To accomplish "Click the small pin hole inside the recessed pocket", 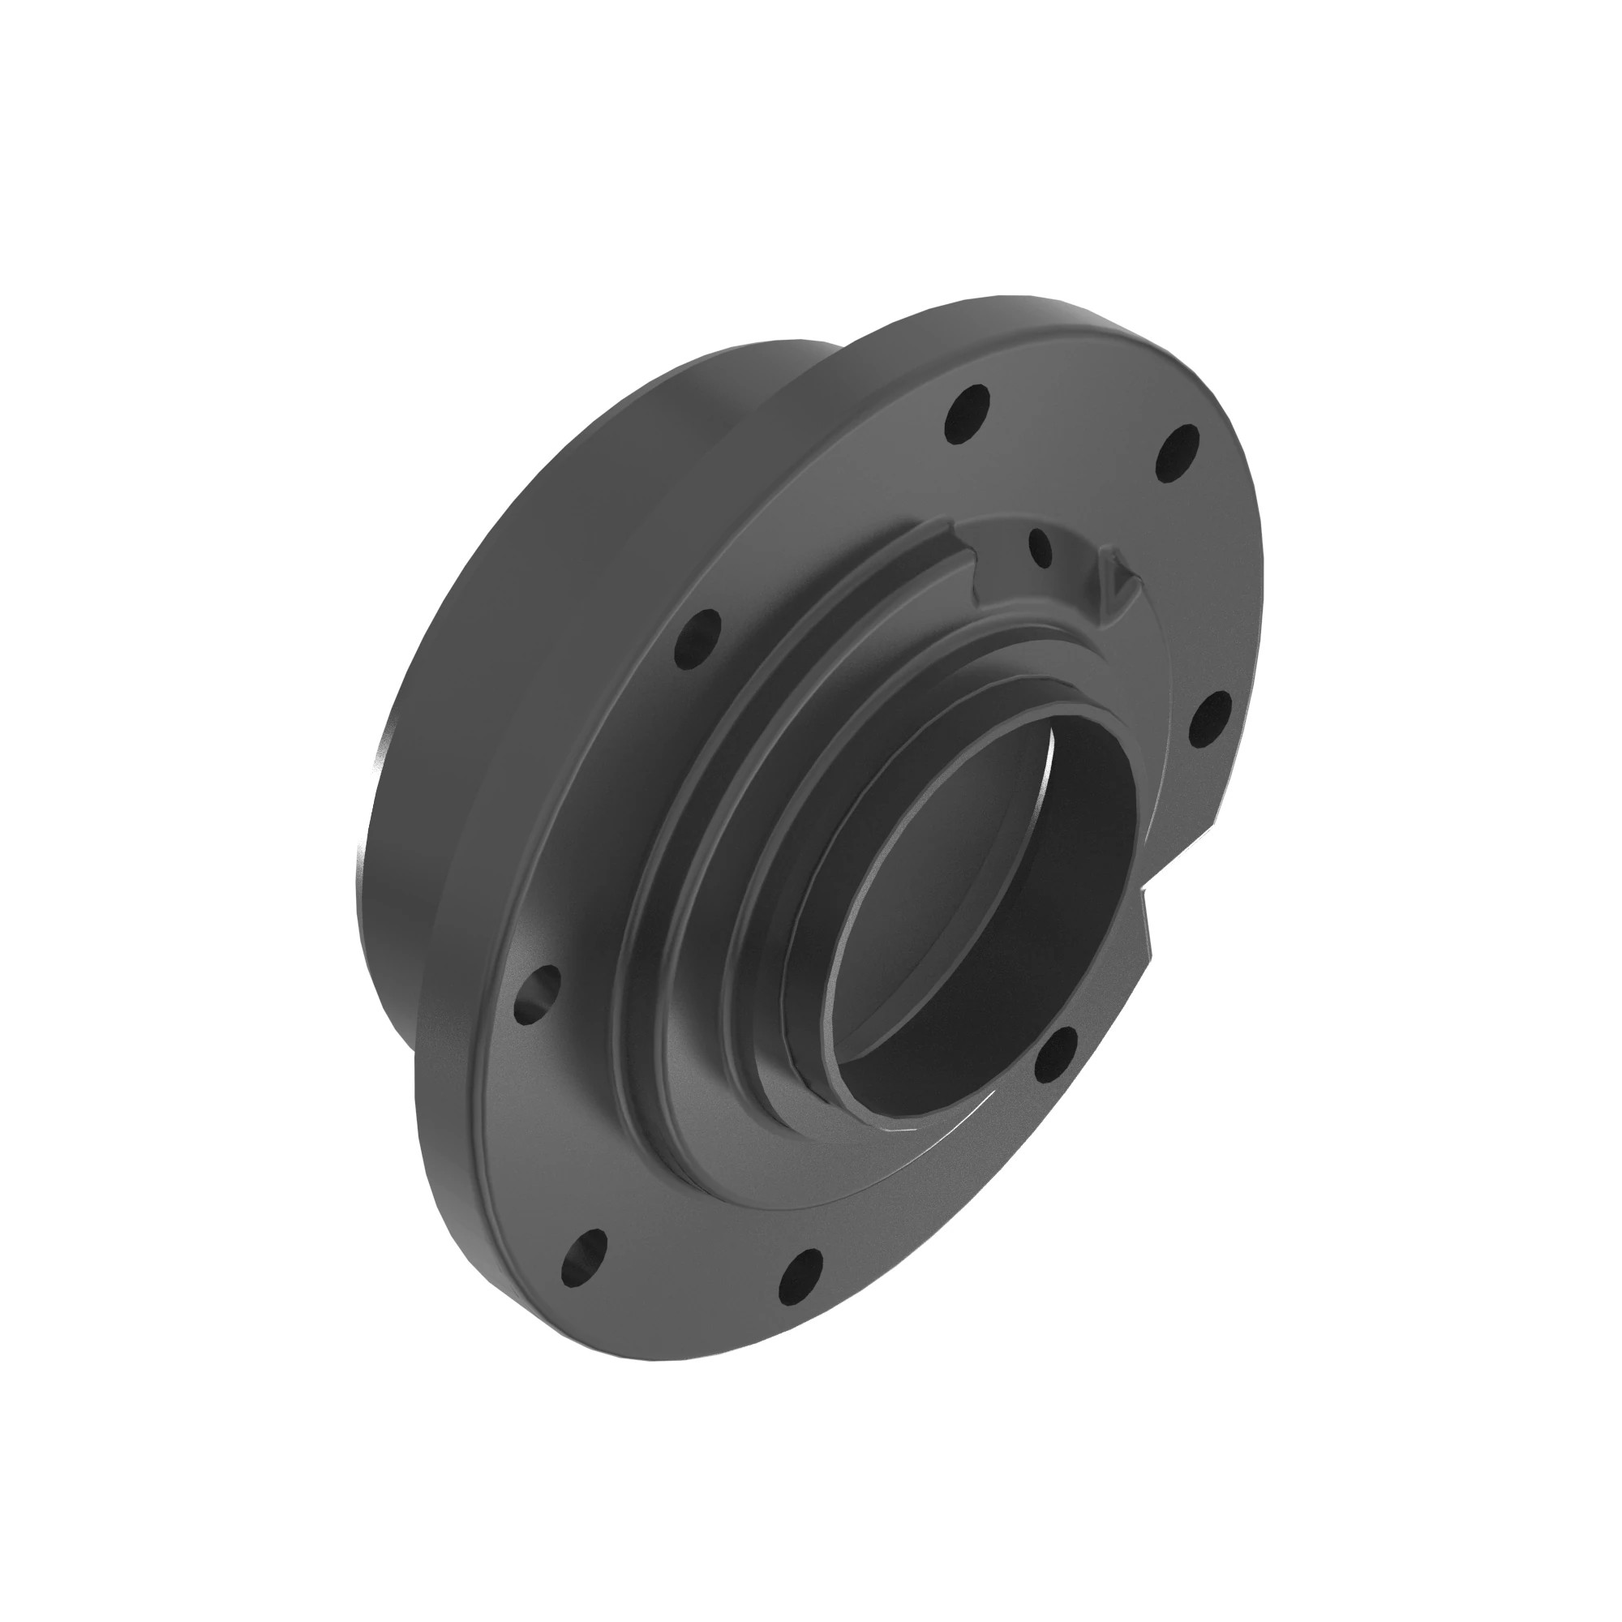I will [1040, 547].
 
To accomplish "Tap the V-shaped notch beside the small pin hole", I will [1117, 581].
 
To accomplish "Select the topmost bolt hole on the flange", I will [968, 413].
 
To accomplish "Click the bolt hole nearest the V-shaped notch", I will [1178, 453].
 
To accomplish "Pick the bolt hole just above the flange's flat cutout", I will [1209, 720].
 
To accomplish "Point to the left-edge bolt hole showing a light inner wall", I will [535, 994].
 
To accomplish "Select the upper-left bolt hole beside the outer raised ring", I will [697, 639].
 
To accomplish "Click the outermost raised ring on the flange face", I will [663, 839].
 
